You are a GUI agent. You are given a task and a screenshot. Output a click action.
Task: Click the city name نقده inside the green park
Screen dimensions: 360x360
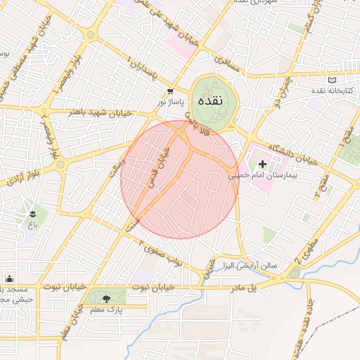[x=211, y=101]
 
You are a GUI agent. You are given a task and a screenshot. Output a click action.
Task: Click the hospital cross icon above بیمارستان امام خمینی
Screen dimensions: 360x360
[x=263, y=163]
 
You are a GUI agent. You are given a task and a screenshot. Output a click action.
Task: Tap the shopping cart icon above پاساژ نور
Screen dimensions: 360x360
[x=171, y=91]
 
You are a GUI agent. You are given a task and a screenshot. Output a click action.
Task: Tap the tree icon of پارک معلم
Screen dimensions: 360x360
[x=106, y=299]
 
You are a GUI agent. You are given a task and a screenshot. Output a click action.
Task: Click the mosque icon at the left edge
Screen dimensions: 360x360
[x=9, y=278]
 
